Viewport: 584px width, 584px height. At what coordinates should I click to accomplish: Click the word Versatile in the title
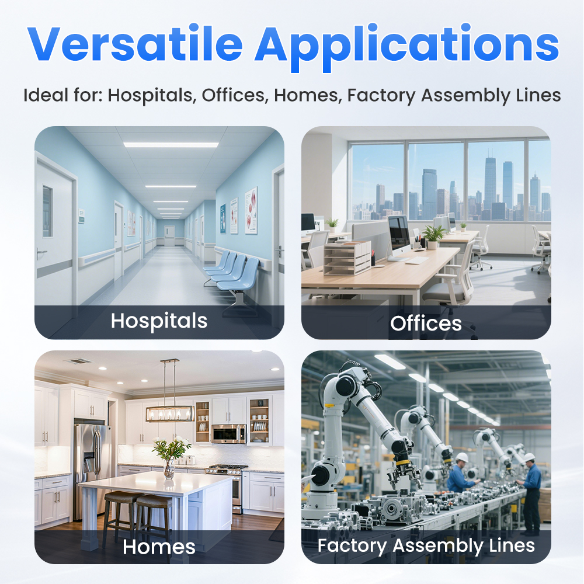(135, 44)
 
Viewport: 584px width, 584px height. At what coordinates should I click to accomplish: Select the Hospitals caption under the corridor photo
(159, 321)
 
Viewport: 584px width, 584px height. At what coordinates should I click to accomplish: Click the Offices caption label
(426, 324)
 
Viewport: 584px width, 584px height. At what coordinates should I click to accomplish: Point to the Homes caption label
(159, 547)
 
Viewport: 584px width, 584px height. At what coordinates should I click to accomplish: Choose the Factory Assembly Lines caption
(426, 546)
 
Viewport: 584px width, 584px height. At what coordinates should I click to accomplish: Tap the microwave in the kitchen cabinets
(229, 433)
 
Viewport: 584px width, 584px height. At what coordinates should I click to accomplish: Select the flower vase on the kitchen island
(169, 469)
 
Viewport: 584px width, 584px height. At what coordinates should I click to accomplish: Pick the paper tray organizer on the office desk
(347, 257)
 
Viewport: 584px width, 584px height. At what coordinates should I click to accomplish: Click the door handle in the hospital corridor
(41, 254)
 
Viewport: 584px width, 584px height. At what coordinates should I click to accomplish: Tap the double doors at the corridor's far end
(169, 235)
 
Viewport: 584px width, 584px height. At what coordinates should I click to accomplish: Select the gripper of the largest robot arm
(404, 474)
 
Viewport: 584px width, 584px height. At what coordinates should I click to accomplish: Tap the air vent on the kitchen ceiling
(79, 361)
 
